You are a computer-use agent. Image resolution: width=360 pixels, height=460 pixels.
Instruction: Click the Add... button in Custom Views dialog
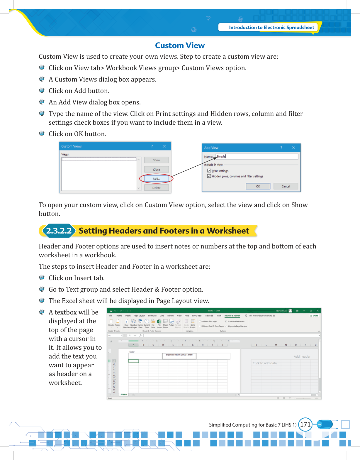coord(156,178)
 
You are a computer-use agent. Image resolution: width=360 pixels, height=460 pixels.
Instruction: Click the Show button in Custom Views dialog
coord(156,160)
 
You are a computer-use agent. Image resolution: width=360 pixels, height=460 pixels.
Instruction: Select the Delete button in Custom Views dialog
coord(156,188)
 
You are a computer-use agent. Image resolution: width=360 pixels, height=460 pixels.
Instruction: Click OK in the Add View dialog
coord(258,186)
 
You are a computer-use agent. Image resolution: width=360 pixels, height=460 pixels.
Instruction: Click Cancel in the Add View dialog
coord(286,186)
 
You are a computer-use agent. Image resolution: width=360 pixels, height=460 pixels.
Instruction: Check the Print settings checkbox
coord(209,171)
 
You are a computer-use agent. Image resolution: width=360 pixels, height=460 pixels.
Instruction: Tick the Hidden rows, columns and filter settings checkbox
coord(209,176)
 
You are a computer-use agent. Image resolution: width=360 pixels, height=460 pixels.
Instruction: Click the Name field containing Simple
coord(257,156)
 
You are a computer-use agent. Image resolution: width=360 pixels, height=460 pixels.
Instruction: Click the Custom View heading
coord(180,45)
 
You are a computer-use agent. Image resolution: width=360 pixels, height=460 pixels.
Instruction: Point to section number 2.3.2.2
coord(59,231)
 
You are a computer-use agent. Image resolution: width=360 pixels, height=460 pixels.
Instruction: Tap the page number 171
coord(305,425)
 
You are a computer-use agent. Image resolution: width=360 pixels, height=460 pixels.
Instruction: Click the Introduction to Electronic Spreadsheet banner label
coord(271,28)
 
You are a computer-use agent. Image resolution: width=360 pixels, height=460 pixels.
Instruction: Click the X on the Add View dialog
coord(293,148)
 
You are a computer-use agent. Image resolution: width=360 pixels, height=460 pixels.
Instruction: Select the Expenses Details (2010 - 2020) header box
coord(179,356)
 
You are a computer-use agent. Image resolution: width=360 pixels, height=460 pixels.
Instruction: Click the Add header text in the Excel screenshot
coord(302,356)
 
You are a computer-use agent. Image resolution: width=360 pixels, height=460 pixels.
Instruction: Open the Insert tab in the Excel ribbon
coord(128,316)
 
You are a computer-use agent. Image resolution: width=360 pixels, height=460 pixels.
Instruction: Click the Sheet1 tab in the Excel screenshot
coord(124,394)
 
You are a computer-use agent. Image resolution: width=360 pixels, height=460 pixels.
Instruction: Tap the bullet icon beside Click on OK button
coord(42,134)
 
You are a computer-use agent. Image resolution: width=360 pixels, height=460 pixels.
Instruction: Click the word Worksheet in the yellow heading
coord(228,231)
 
